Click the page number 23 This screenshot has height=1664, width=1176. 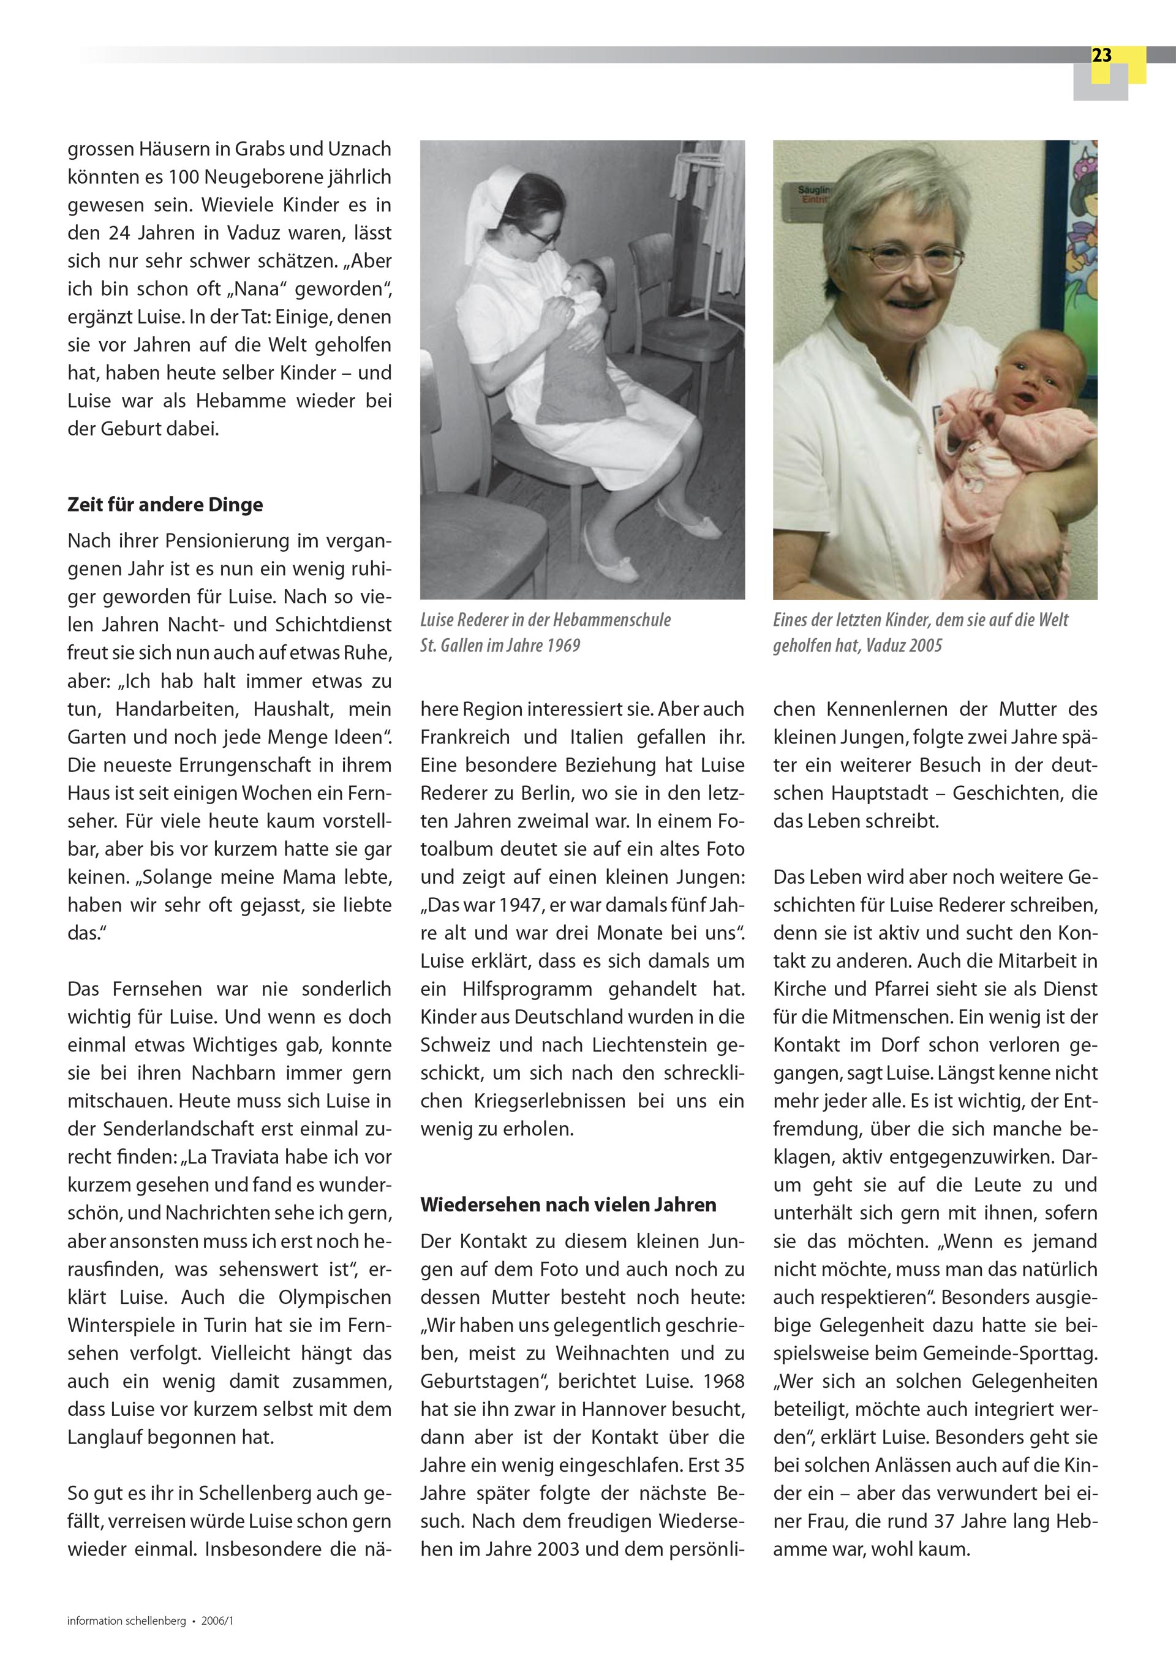click(x=1101, y=56)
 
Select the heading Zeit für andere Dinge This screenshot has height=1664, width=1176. click(x=165, y=505)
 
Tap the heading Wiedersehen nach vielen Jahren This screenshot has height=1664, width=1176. click(x=568, y=1205)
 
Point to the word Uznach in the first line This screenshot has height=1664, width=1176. click(x=360, y=149)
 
